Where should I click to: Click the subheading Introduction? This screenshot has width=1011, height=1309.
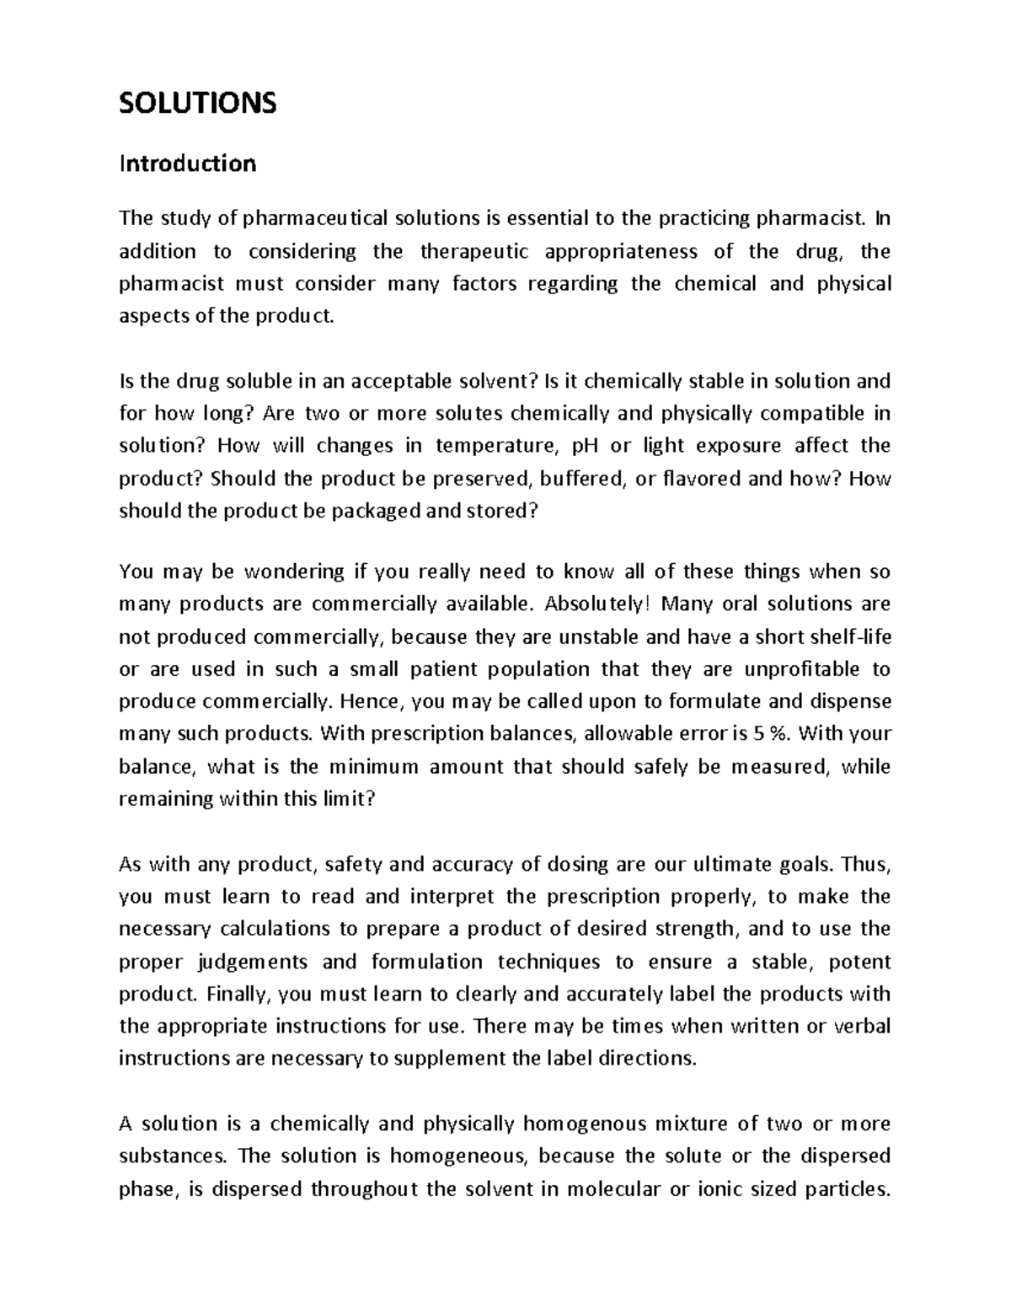pyautogui.click(x=187, y=163)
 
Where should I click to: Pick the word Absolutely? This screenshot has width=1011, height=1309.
pyautogui.click(x=598, y=604)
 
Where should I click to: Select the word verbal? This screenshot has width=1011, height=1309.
pyautogui.click(x=862, y=1027)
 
